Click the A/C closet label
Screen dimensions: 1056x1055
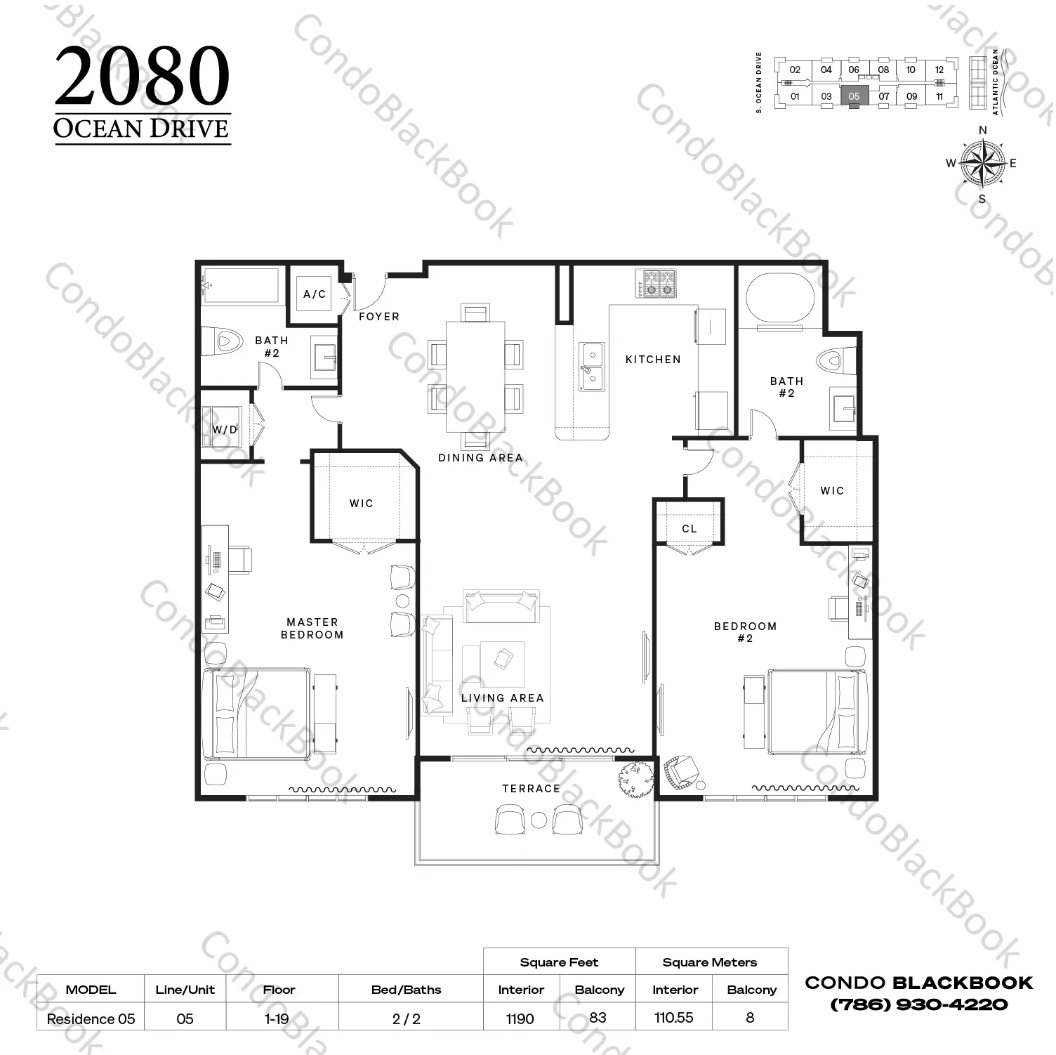click(x=315, y=294)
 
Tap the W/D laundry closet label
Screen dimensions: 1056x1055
click(x=225, y=429)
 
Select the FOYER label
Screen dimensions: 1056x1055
click(x=379, y=317)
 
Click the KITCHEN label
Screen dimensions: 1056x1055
click(x=653, y=360)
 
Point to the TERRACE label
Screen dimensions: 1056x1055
click(x=531, y=789)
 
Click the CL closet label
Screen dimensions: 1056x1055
click(x=689, y=529)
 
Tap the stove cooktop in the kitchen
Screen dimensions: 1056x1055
click(x=656, y=282)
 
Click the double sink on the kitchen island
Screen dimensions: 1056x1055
click(x=591, y=367)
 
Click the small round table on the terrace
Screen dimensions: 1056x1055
click(x=539, y=820)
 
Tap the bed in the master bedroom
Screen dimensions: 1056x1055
click(x=256, y=714)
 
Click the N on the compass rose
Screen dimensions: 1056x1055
click(x=983, y=130)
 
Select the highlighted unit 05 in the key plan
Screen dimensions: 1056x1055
click(x=854, y=96)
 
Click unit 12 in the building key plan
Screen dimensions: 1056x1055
click(x=939, y=70)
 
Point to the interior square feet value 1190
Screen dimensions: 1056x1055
click(x=520, y=1018)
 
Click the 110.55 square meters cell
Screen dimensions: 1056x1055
click(x=674, y=1017)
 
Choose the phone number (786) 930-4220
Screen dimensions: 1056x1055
click(x=919, y=1004)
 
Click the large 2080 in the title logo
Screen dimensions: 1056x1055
click(x=143, y=76)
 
